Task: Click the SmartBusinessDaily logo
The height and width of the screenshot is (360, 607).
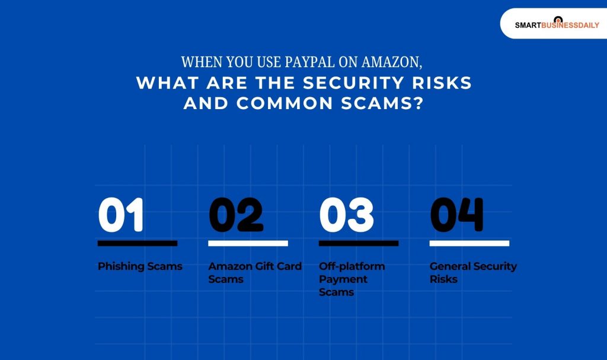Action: click(557, 24)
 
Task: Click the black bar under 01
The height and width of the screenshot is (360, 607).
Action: click(138, 243)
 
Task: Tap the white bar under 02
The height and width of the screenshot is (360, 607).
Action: click(248, 243)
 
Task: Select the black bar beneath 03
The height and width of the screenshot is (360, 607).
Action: click(359, 243)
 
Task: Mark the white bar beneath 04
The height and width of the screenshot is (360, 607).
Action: click(469, 243)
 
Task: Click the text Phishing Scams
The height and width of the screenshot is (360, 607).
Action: click(140, 266)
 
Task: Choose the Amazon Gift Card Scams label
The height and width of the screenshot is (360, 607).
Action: click(254, 273)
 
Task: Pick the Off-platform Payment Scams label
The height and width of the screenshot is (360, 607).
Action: click(352, 279)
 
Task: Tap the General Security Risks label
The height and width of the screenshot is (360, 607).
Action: click(473, 273)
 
